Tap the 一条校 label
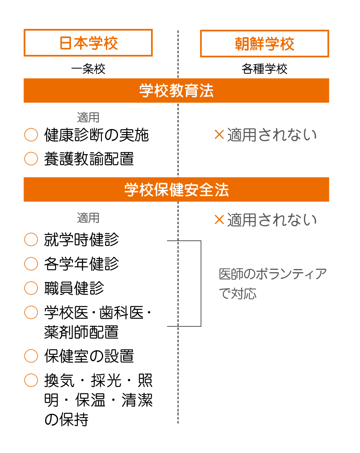[x=88, y=69]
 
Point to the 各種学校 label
[x=265, y=69]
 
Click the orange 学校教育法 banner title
[x=176, y=91]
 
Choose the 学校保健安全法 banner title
[x=176, y=190]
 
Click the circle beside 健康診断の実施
[x=31, y=135]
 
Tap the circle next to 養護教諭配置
[x=31, y=158]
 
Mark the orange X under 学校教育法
[x=219, y=135]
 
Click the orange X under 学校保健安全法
[x=219, y=220]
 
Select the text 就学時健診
[x=82, y=240]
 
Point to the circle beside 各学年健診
[x=31, y=264]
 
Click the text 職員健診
[x=74, y=288]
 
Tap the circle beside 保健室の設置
[x=31, y=356]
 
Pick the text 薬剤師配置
[x=82, y=332]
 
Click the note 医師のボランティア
[x=273, y=274]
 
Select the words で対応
[x=238, y=293]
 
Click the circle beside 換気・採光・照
[x=31, y=380]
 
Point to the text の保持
[x=66, y=420]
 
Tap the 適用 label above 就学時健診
[x=88, y=218]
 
